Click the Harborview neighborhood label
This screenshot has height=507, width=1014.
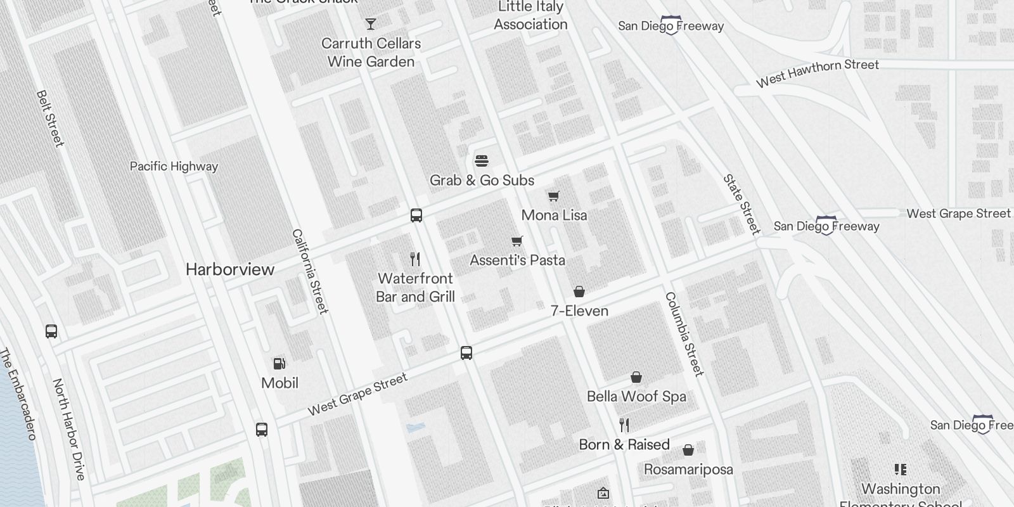230,269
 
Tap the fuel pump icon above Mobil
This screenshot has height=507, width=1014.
279,364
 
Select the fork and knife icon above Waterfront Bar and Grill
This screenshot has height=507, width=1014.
415,259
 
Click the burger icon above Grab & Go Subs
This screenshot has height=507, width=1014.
482,161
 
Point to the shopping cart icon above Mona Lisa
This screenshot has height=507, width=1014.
554,196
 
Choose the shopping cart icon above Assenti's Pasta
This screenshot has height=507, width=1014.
517,241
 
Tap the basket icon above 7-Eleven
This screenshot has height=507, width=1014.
579,292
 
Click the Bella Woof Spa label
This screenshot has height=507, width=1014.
636,397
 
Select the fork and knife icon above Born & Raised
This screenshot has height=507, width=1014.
624,425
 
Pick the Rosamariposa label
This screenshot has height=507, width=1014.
688,470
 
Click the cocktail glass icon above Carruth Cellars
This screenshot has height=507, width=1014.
371,24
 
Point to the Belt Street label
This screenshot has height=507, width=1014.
51,119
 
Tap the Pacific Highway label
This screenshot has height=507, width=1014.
174,167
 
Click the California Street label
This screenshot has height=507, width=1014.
310,271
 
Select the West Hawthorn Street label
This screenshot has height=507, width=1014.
818,73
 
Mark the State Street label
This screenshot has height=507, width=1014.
741,204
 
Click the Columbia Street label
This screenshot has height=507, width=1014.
684,334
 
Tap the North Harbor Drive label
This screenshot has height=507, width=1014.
68,429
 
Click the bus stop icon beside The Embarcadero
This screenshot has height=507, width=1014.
51,331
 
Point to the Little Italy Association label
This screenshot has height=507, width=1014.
530,16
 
